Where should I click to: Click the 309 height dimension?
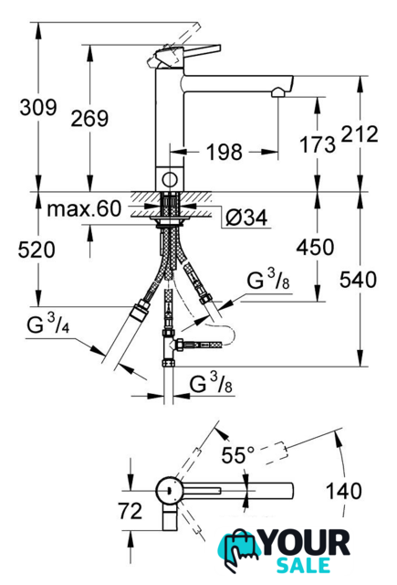(x=38, y=108)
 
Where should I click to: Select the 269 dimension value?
(x=89, y=118)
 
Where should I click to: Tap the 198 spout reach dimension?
(x=225, y=152)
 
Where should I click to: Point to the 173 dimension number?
(x=318, y=144)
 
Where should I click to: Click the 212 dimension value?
(x=360, y=134)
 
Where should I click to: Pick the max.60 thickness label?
(x=84, y=208)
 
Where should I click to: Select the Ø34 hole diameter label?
(x=246, y=218)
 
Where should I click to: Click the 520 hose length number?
(x=37, y=250)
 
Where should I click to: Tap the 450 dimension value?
(x=315, y=247)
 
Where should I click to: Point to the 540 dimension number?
(x=358, y=280)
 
